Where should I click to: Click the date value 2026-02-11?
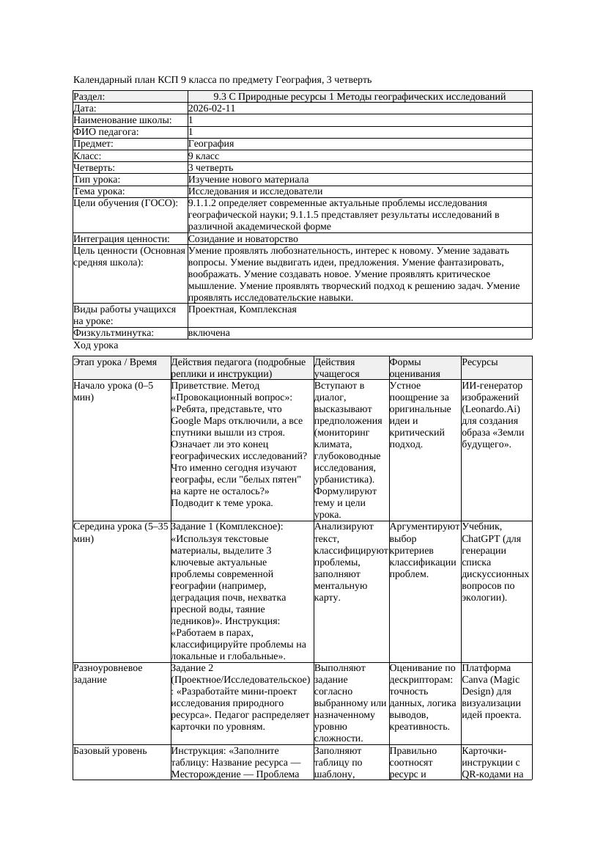(212, 109)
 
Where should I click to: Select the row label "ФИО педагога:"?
(106, 132)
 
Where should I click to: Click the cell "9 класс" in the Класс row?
(204, 155)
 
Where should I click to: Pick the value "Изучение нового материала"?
(248, 179)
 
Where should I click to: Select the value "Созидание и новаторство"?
(243, 238)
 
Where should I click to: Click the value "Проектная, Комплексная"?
(243, 309)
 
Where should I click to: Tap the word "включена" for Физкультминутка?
(209, 333)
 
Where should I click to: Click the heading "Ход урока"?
(96, 345)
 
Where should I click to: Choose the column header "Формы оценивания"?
(415, 367)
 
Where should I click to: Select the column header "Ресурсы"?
(480, 362)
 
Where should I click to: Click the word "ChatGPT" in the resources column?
(481, 539)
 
